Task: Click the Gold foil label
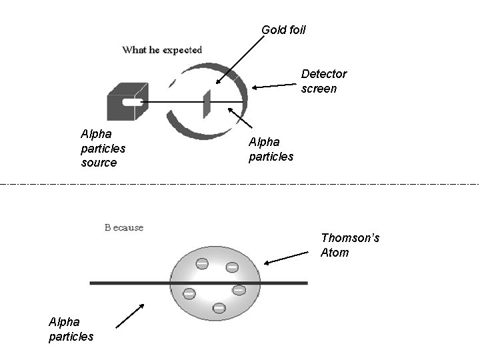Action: [283, 29]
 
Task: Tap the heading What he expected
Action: [162, 50]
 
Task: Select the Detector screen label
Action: [323, 81]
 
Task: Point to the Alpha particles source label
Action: [103, 148]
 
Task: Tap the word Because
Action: [124, 227]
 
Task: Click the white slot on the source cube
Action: [133, 102]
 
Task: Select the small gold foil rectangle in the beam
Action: [207, 102]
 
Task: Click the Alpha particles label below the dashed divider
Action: [71, 329]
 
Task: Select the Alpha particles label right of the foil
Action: [271, 149]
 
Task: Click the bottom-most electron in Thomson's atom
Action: [219, 308]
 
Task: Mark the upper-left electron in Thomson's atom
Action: [201, 263]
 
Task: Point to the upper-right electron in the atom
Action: [232, 267]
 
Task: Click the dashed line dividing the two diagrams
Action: [240, 183]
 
